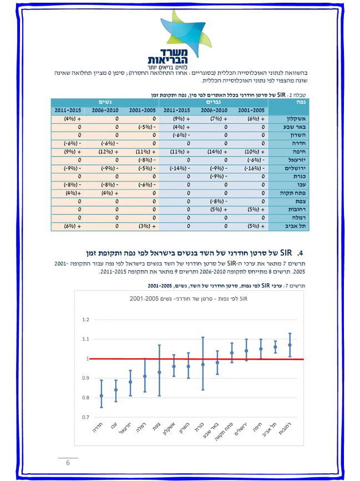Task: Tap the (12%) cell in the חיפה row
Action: click(105, 151)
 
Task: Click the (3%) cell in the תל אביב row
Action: click(142, 226)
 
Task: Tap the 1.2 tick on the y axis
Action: click(85, 320)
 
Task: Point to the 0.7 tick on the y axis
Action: click(85, 417)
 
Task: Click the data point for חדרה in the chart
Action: click(101, 396)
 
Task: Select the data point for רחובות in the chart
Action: click(290, 345)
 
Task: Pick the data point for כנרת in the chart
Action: click(202, 364)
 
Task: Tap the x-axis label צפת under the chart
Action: click(158, 429)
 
